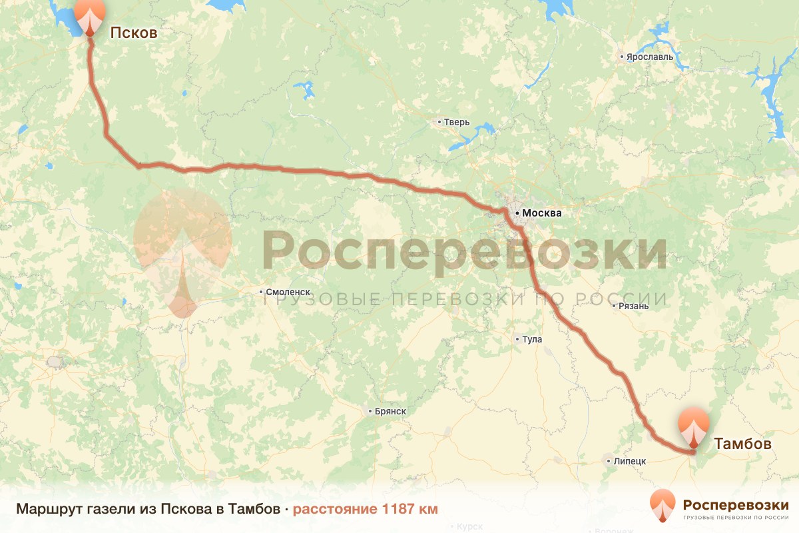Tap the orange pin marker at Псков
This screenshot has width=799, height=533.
click(x=89, y=16)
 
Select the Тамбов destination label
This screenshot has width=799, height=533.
click(x=742, y=444)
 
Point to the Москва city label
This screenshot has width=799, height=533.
click(x=542, y=214)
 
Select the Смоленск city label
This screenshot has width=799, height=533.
click(x=288, y=292)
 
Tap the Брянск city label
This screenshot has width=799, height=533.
click(x=390, y=411)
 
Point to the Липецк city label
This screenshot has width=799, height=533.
click(x=630, y=461)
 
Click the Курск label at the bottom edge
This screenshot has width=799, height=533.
click(x=469, y=527)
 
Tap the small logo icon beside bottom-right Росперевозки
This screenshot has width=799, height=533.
click(x=663, y=505)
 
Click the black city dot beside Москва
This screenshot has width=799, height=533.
click(x=517, y=213)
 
